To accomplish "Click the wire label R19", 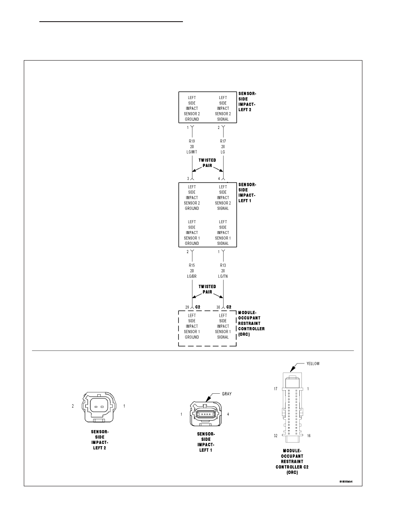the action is tap(192, 141).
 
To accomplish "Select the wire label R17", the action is tap(223, 141).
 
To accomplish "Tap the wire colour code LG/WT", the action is tap(192, 152).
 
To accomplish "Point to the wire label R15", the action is tap(192, 266).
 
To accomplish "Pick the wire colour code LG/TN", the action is tap(223, 276).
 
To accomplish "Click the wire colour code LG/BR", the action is tap(192, 276).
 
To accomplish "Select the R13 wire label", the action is tap(223, 266).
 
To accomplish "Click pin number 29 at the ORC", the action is tap(187, 308).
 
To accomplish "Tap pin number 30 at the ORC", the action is tap(218, 308).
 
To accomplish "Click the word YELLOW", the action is tap(313, 363).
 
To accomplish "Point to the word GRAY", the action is tap(227, 394).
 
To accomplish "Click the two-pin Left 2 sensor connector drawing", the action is tap(99, 406).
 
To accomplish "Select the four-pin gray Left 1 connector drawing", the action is tap(205, 414).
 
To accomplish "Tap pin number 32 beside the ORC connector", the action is tap(275, 436).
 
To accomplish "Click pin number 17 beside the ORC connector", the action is tap(275, 389).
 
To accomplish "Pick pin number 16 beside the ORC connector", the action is tap(309, 436).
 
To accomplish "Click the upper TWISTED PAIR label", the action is tap(207, 163).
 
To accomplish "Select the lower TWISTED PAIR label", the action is tap(207, 289).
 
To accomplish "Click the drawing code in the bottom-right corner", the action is tap(346, 482).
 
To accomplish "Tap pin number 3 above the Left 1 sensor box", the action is tap(188, 179).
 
